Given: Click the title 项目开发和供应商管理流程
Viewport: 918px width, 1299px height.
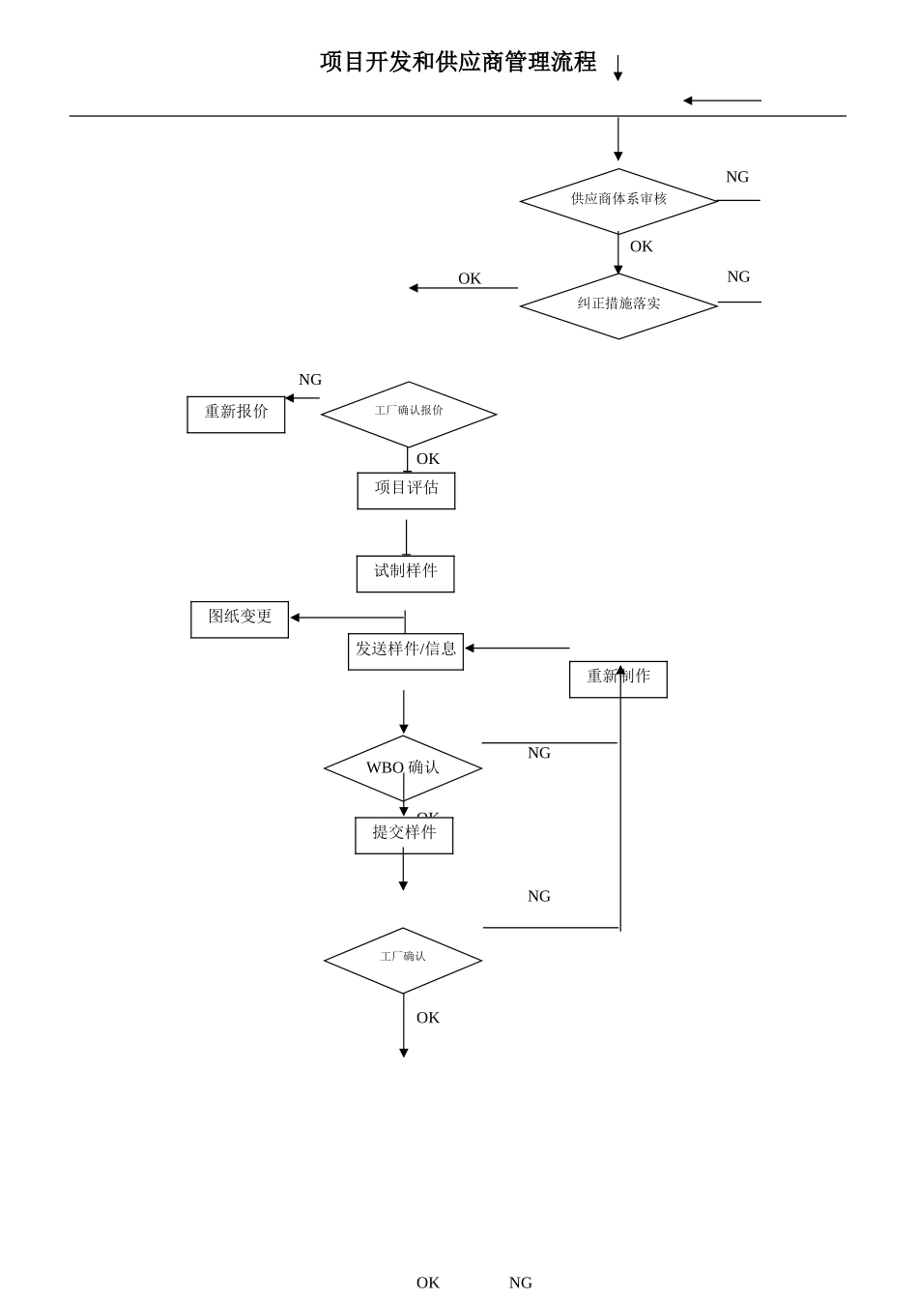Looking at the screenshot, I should point(458,63).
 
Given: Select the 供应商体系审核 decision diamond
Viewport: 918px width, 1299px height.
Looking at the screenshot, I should point(618,200).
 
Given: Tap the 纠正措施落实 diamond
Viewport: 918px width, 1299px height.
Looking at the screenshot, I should point(618,304).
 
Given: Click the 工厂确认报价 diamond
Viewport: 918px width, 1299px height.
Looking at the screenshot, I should point(409,413).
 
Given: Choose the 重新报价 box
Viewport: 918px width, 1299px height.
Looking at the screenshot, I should point(236,414).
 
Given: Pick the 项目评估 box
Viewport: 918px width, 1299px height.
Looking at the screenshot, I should point(406,490).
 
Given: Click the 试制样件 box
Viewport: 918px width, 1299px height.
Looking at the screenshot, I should point(405,573).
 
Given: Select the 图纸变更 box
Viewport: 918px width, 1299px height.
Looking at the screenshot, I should point(240,619).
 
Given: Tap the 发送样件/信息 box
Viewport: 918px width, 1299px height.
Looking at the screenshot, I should point(405,650).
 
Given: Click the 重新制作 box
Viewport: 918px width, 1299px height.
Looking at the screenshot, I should point(617,678).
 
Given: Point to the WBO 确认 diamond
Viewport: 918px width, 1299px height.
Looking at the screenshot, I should point(402,768).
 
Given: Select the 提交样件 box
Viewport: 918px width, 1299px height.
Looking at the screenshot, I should point(404,834).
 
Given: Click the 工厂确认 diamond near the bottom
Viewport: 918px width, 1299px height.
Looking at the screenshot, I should point(402,959).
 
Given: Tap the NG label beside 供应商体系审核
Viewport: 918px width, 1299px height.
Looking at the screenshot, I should point(737,177).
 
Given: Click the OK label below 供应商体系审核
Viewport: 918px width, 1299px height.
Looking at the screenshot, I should point(641,246).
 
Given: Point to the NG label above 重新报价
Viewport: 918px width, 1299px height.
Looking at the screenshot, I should point(310,380).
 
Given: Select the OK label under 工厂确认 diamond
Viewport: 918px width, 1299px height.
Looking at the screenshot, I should point(427,1018).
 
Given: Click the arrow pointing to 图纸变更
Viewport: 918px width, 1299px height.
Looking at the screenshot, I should point(347,618).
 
